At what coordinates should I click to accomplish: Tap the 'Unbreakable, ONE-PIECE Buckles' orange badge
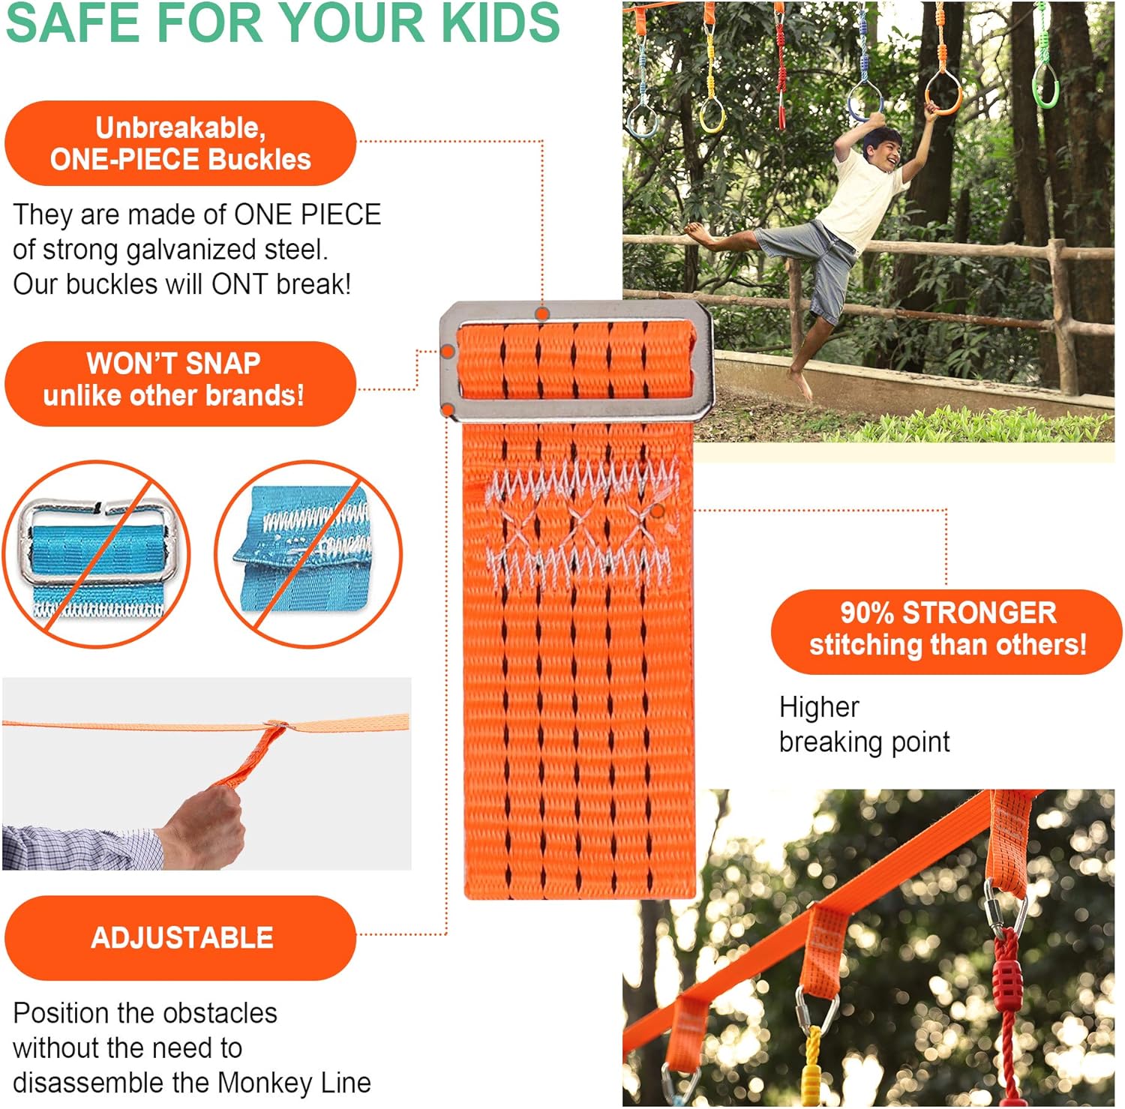pos(180,143)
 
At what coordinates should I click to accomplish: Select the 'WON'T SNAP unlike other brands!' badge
pos(180,383)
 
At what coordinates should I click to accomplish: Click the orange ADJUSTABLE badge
pos(180,938)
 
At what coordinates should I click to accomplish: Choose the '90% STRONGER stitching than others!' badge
pos(946,630)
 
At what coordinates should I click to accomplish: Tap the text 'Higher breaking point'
pos(862,724)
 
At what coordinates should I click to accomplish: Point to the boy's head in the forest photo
pos(881,148)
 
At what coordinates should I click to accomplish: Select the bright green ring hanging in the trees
pos(1046,86)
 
